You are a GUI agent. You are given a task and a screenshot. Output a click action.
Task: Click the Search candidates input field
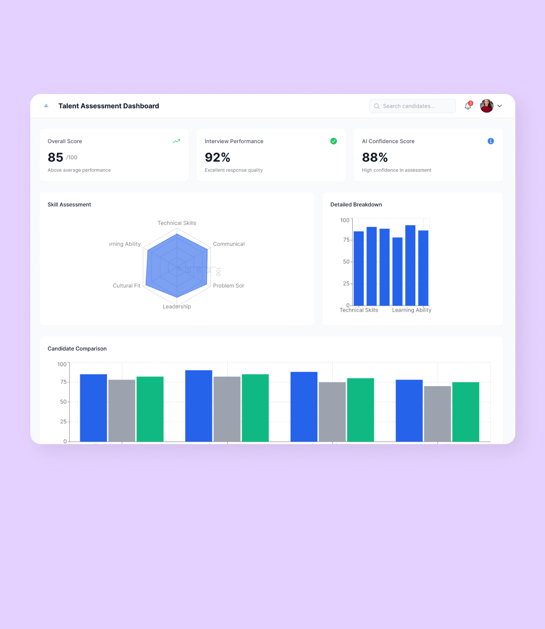(x=412, y=106)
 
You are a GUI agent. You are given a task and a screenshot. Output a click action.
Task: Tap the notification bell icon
(x=468, y=106)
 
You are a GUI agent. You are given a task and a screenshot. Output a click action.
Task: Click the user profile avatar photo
(x=486, y=106)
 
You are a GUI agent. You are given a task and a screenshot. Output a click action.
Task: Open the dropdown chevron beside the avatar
(x=500, y=106)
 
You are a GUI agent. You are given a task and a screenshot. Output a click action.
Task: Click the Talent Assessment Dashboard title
(x=108, y=106)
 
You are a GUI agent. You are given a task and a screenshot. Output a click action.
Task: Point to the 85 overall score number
(x=56, y=158)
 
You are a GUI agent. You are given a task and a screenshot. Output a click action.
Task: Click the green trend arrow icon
(x=177, y=141)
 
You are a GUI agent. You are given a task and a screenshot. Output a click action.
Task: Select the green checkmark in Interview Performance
(x=334, y=141)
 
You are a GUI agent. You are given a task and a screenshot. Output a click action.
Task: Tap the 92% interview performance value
(x=217, y=158)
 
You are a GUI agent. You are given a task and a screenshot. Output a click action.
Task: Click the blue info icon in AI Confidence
(x=490, y=141)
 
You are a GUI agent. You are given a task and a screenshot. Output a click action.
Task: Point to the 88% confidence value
(x=375, y=158)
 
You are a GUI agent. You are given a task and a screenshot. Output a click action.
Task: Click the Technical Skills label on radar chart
(x=177, y=223)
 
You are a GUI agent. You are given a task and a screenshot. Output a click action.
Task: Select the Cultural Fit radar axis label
(x=127, y=286)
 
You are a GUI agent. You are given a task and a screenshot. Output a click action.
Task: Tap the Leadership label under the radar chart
(x=177, y=307)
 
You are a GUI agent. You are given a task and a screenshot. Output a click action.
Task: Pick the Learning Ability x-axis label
(x=412, y=310)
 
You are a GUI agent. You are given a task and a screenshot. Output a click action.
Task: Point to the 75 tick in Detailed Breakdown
(x=346, y=240)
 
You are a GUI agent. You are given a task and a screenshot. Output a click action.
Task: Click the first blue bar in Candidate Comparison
(x=93, y=408)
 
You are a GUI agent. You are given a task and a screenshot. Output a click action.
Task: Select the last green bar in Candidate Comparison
(x=465, y=412)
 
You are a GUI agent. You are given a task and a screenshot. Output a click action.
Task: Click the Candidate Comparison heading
(x=77, y=349)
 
